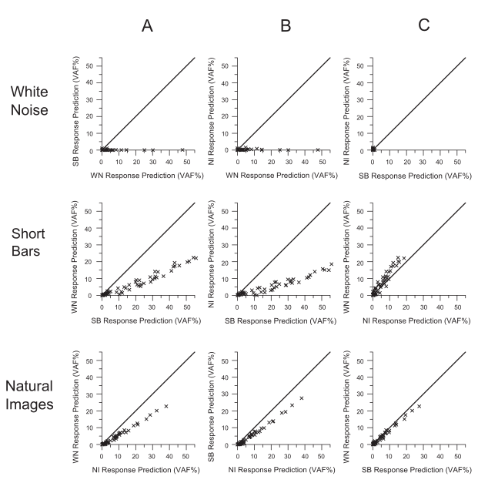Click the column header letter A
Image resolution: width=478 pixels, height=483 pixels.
(149, 25)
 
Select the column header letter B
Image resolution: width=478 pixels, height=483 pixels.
(285, 25)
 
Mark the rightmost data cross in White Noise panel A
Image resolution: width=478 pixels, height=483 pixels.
(182, 149)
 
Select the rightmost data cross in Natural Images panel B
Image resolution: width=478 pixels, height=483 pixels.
(302, 398)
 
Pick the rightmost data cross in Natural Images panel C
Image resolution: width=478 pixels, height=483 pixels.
(420, 406)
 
